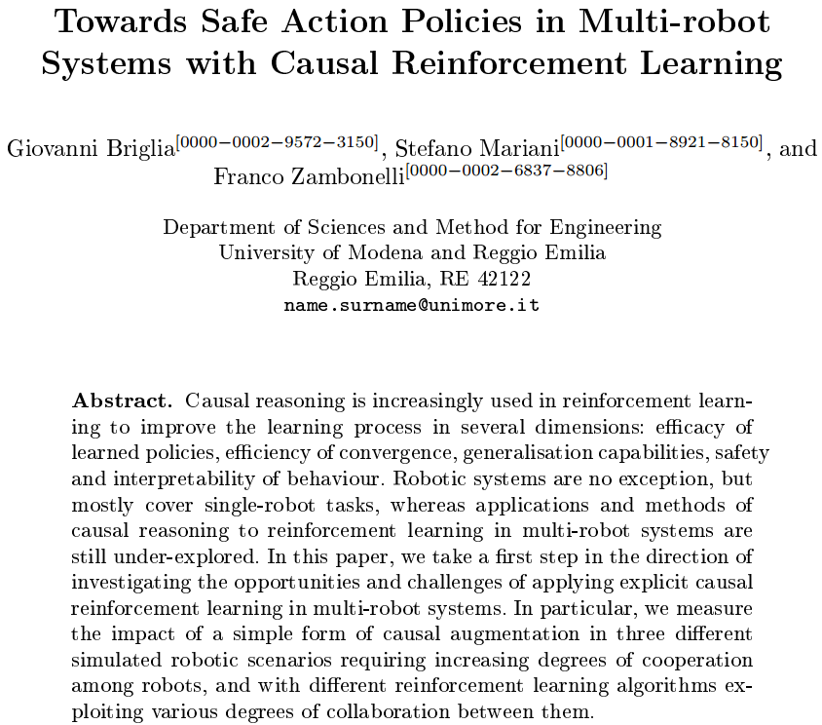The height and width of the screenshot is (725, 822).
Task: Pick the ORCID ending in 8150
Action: click(661, 142)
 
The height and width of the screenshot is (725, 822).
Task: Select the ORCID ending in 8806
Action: click(506, 171)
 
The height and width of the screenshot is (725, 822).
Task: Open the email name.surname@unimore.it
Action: click(412, 305)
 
